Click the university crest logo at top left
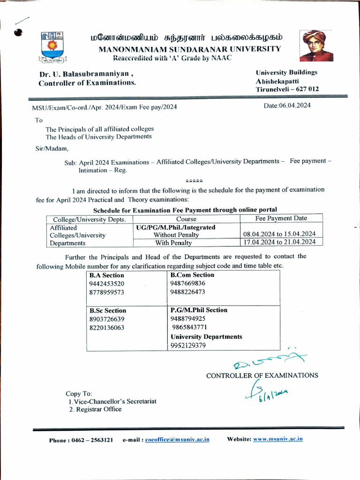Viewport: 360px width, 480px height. coord(52,47)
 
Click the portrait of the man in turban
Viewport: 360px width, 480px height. coord(316,46)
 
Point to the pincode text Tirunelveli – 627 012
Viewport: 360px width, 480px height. coord(287,89)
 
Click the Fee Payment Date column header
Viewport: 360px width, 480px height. coord(281,218)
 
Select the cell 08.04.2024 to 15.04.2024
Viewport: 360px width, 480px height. coord(279,234)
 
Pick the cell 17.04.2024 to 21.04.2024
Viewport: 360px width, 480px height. coord(279,242)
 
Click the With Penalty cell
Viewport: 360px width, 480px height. coord(173,243)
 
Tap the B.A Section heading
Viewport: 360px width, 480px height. coord(106,275)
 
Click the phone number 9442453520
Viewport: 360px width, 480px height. coord(106,284)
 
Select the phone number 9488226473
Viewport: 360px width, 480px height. coord(187,292)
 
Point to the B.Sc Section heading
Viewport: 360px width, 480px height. coord(107,310)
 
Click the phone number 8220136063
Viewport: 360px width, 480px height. coord(106,328)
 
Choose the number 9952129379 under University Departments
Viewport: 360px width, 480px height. coord(188,345)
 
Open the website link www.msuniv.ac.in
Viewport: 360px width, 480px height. coord(277,439)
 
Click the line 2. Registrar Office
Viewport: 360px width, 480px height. coord(95,409)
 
